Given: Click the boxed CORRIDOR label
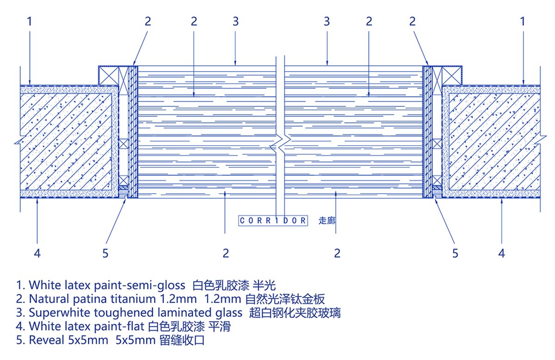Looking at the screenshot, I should [x=273, y=220].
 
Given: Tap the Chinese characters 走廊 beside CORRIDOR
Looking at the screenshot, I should [x=327, y=220].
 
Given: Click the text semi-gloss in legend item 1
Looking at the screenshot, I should [x=158, y=284].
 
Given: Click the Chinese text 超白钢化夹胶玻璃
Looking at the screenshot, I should [x=295, y=312].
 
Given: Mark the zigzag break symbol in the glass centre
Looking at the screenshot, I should [x=280, y=146].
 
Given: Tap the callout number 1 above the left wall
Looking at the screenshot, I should [x=30, y=21].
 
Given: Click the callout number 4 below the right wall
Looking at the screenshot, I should [x=502, y=253].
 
